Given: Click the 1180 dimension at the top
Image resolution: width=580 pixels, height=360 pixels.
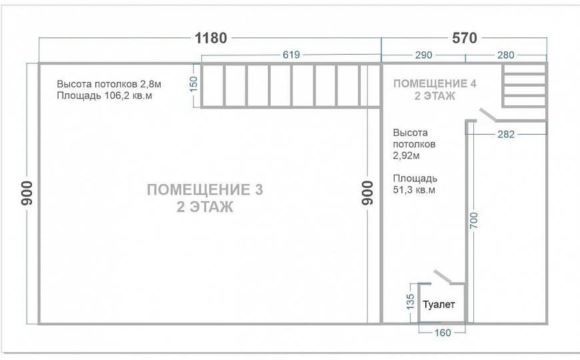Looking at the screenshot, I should pos(211,38).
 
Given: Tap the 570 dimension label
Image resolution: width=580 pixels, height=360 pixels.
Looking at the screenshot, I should pos(464,38).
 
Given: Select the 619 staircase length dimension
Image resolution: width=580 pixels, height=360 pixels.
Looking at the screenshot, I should pos(291,55).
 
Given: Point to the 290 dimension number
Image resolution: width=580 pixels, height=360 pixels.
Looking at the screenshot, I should pos(424,55).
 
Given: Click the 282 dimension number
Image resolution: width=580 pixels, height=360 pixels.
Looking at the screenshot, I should pos(506,135).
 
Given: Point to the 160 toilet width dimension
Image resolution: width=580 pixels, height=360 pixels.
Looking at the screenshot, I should pos(442,332).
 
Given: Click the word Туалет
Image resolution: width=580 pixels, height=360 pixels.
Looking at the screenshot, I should pos(439,305).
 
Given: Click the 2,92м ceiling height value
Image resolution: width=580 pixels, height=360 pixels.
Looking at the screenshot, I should pos(406,155).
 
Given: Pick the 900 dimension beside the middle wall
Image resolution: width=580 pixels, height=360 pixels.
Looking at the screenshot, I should pos(367,193).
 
